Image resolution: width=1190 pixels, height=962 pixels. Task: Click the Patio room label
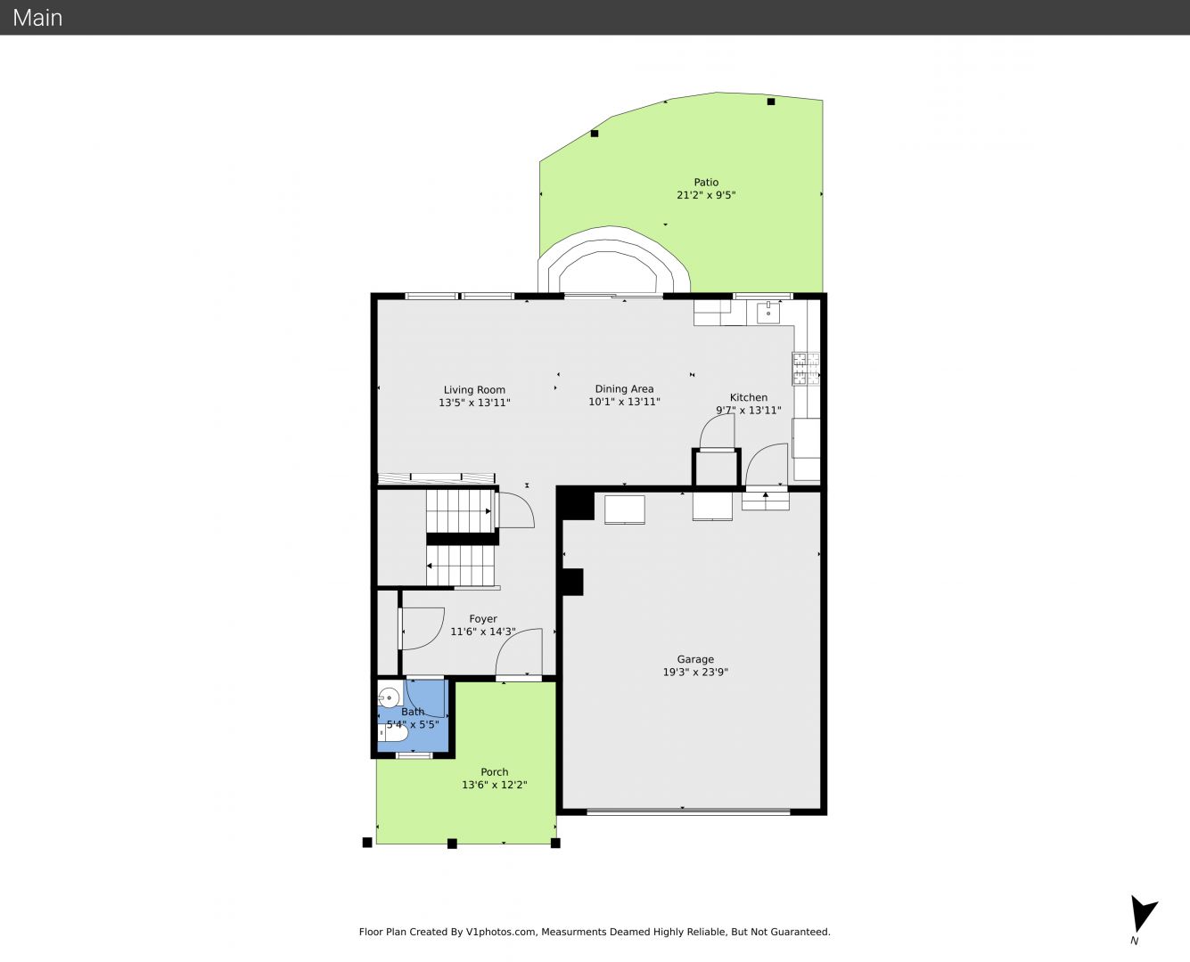[x=706, y=182]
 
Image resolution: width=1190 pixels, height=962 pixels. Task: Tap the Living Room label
[x=474, y=390]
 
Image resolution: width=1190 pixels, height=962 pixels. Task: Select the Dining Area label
[x=624, y=388]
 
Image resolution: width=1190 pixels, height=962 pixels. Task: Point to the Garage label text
[x=695, y=659]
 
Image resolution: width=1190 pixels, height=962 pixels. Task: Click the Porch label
[x=495, y=771]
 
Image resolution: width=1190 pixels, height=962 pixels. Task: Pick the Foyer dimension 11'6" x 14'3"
[x=483, y=632]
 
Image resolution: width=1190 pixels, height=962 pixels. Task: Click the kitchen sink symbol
[x=768, y=313]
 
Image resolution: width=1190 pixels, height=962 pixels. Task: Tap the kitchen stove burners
[x=806, y=369]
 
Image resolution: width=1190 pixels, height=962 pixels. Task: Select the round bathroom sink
[x=389, y=698]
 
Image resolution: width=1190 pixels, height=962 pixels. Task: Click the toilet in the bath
[x=393, y=732]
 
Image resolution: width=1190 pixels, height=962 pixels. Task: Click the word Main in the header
[x=37, y=18]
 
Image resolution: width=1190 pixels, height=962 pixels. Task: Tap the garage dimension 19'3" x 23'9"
[x=695, y=672]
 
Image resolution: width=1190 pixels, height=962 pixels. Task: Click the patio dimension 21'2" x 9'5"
[x=706, y=195]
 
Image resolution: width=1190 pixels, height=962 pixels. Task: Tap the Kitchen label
[x=749, y=397]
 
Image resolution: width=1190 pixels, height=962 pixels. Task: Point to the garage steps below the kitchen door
[x=766, y=501]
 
